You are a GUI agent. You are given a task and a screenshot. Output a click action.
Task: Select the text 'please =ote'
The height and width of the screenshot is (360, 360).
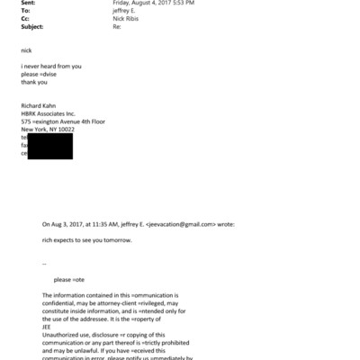coord(71,280)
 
